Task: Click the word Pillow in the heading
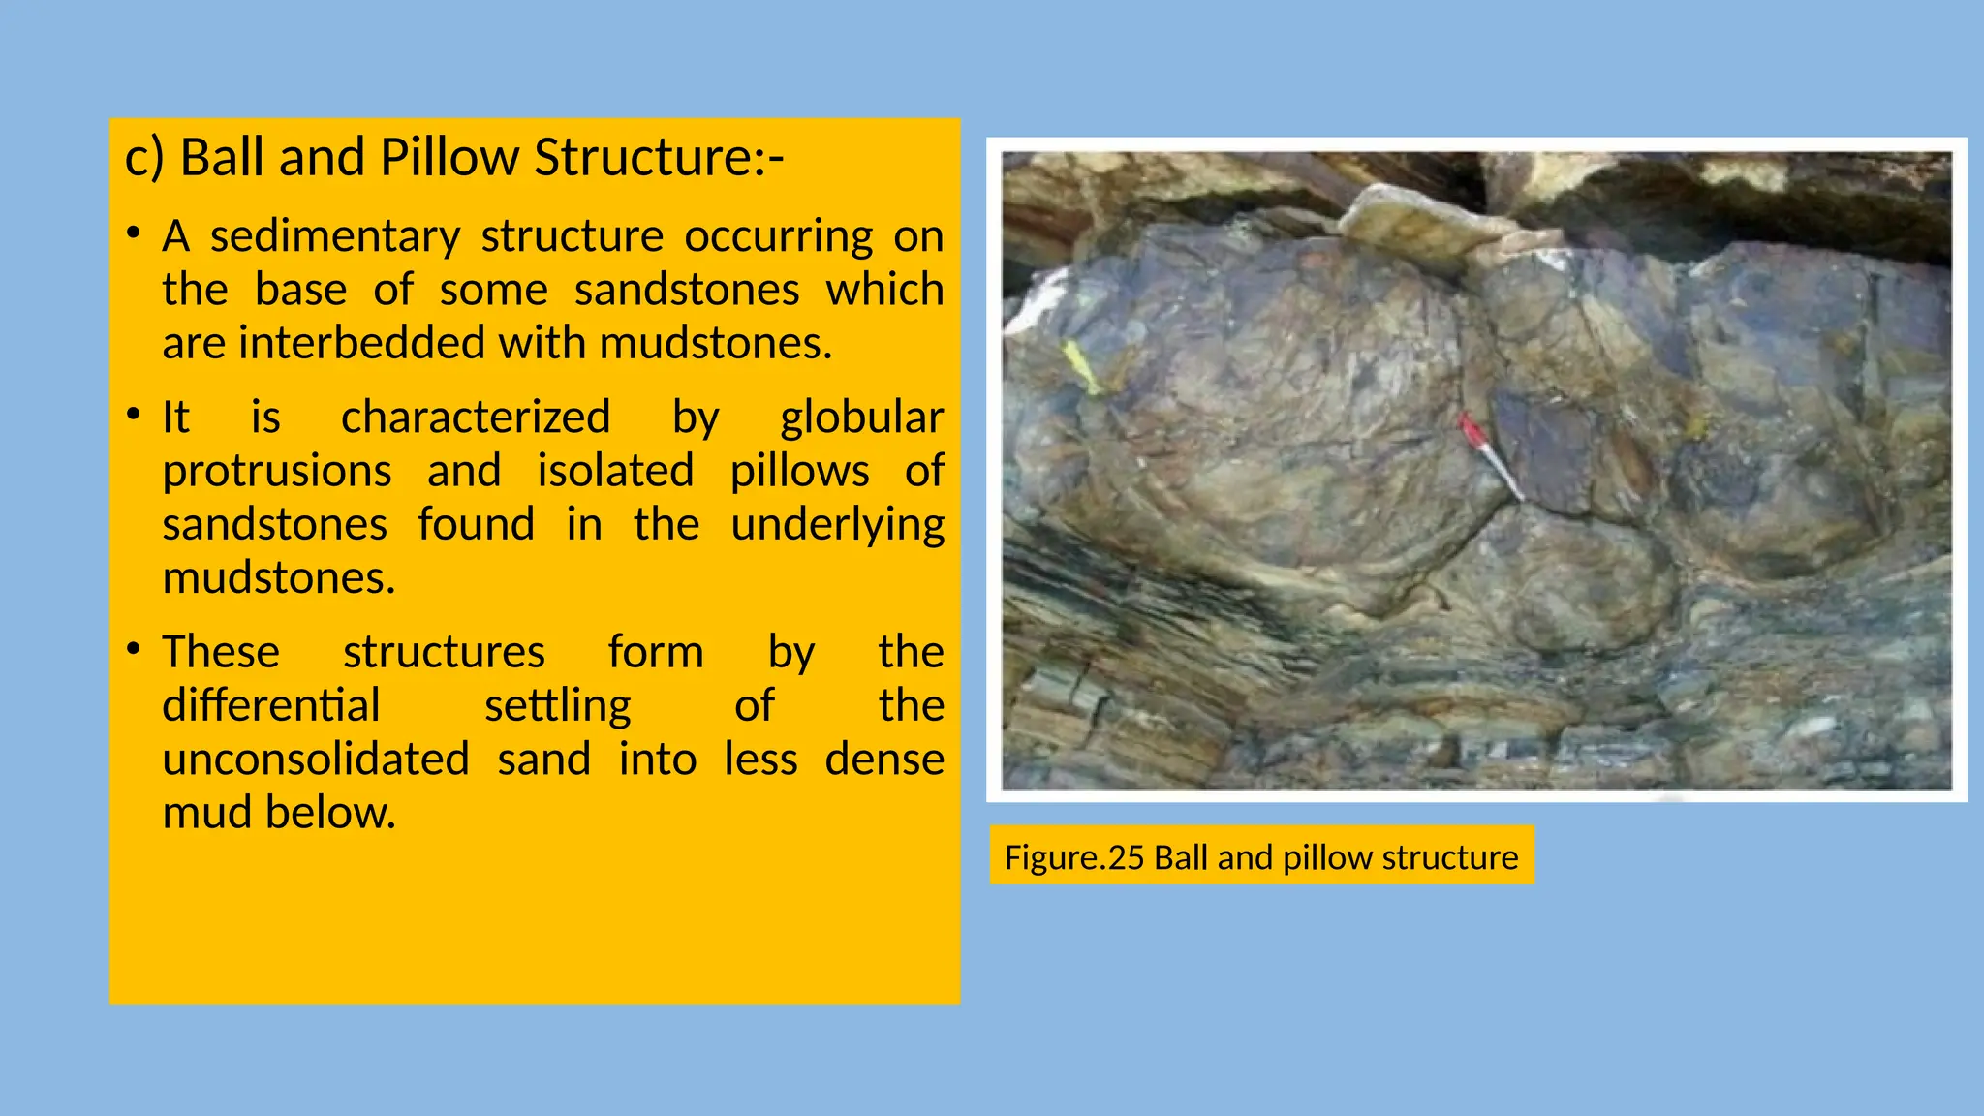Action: (x=449, y=158)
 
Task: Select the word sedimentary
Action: (x=335, y=236)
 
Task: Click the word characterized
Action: (x=476, y=418)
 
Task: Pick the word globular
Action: (x=861, y=418)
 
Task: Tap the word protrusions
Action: (x=277, y=471)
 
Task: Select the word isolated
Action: (x=615, y=471)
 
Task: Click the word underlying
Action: (x=837, y=525)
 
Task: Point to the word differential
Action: (x=271, y=705)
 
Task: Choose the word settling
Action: (x=557, y=705)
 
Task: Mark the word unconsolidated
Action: (x=316, y=759)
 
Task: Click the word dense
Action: (x=883, y=759)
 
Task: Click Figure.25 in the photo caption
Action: (x=1074, y=857)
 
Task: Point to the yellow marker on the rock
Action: (x=1081, y=367)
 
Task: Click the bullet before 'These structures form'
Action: (x=134, y=649)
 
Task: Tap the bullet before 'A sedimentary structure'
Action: (x=134, y=233)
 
